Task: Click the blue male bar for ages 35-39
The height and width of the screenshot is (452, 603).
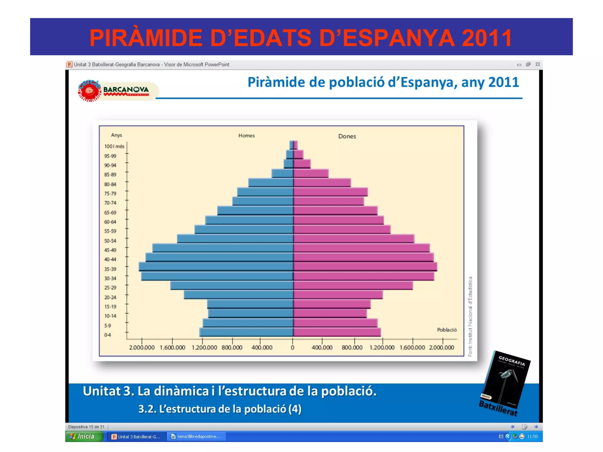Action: click(x=216, y=267)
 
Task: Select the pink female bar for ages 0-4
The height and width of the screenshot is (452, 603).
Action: click(x=337, y=332)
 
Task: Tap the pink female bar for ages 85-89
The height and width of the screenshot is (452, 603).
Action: click(x=311, y=173)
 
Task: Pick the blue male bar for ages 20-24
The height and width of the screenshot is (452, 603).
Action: click(x=238, y=295)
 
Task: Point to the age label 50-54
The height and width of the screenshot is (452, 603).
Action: click(x=110, y=241)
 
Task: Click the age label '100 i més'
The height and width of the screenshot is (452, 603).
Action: click(x=114, y=146)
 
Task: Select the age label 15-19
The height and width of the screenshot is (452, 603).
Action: click(x=110, y=307)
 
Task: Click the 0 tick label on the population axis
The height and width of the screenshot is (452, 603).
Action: click(x=292, y=348)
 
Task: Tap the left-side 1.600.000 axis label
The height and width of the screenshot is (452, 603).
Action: click(x=173, y=348)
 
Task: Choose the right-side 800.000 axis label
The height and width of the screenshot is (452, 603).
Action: click(x=352, y=348)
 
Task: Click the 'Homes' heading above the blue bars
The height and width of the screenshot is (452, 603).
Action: click(x=246, y=136)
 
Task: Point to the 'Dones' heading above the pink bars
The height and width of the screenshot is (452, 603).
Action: click(x=347, y=136)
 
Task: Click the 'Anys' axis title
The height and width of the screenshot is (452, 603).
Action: click(x=116, y=135)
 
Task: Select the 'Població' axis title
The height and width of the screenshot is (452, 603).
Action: click(x=447, y=330)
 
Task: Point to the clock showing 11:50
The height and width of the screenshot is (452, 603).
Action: click(x=532, y=436)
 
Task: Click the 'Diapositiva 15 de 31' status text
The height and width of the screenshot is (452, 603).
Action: click(x=86, y=427)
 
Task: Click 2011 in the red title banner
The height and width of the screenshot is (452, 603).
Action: click(x=487, y=38)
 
